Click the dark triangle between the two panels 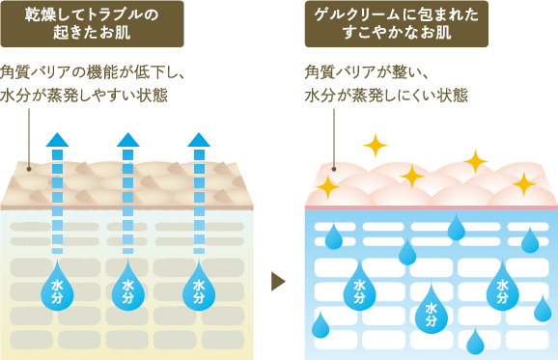(x=278, y=281)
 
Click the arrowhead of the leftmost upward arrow (x=57, y=139)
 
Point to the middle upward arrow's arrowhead (x=127, y=139)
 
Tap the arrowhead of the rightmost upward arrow (x=199, y=139)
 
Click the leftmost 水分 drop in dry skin (x=57, y=287)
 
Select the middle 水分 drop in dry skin (x=127, y=287)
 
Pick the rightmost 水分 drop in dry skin (x=199, y=287)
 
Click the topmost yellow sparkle (x=375, y=145)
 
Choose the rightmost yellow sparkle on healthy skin (x=524, y=182)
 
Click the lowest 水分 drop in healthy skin (x=431, y=311)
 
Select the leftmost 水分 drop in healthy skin (x=359, y=288)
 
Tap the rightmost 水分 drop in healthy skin (x=502, y=288)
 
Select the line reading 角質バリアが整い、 (x=366, y=72)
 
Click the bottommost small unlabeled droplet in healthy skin (x=474, y=343)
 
